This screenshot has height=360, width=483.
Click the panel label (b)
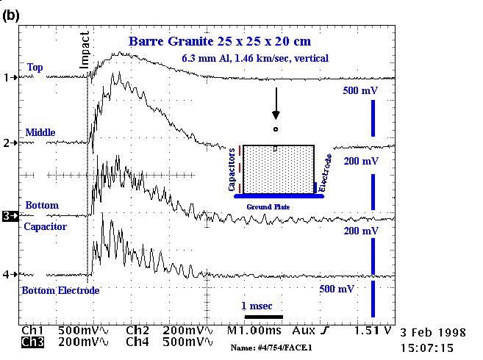tap(11, 15)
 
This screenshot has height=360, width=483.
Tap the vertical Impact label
tap(85, 49)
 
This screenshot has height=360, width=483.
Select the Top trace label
tap(35, 68)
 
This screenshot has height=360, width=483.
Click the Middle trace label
tap(40, 132)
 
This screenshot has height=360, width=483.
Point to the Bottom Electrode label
tap(60, 290)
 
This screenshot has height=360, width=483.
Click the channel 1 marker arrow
tap(10, 77)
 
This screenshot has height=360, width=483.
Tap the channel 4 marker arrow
tap(10, 274)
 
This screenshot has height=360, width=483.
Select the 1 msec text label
tap(258, 305)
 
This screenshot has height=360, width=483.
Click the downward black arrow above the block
tap(276, 104)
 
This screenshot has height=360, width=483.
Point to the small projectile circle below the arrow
tap(276, 130)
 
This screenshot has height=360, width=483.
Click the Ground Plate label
tap(268, 208)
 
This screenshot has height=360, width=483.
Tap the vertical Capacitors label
tap(232, 168)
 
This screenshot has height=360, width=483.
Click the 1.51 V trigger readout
tap(371, 331)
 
